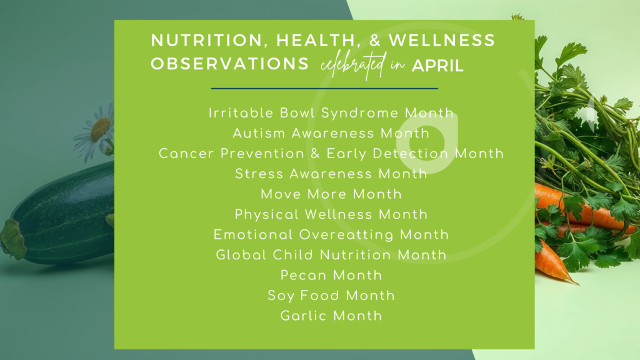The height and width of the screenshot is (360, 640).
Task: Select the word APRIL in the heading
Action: (x=437, y=66)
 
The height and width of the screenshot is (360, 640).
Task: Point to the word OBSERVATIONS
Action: (x=230, y=65)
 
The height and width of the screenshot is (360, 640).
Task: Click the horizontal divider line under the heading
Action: (x=324, y=89)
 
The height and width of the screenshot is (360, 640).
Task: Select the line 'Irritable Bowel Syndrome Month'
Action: (x=331, y=113)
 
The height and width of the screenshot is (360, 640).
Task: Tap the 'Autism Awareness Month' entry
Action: (x=331, y=133)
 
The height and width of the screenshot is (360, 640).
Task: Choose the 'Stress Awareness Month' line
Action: (x=331, y=174)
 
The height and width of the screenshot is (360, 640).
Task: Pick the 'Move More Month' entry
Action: (x=331, y=194)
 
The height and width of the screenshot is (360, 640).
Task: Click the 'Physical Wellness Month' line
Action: (x=331, y=214)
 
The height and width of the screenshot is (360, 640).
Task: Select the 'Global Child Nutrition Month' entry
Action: (x=331, y=255)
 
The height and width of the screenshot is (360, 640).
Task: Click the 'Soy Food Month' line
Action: (x=331, y=295)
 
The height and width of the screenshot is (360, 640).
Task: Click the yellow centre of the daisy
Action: (x=100, y=130)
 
